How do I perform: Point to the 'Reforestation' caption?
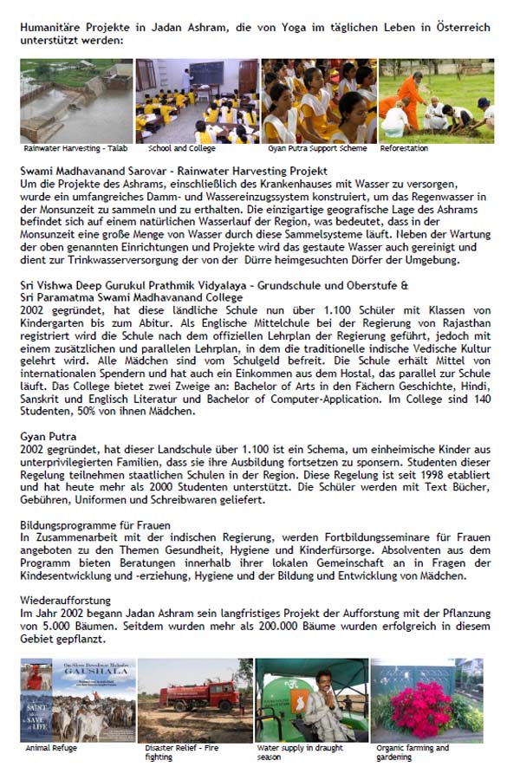tap(403, 148)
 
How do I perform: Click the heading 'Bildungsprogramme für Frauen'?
tap(95, 525)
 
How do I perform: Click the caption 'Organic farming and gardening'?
tap(413, 751)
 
